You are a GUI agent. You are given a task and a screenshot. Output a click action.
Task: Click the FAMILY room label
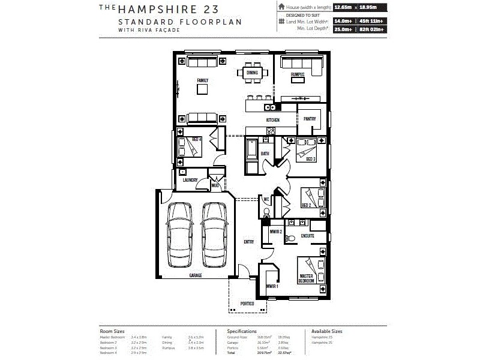(202, 79)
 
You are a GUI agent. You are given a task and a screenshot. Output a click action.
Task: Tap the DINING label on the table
(252, 73)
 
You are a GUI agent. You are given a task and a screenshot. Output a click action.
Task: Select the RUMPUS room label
(298, 74)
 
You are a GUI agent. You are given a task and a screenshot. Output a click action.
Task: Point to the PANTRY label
(310, 119)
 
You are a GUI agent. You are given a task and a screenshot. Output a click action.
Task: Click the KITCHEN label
(273, 120)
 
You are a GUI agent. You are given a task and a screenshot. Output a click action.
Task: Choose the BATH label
(265, 154)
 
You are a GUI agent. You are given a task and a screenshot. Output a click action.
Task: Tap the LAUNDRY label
(190, 179)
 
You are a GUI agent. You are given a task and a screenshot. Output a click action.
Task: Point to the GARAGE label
(196, 275)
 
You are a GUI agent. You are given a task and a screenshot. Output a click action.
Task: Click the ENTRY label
(248, 242)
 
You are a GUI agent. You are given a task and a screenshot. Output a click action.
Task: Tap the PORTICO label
(247, 304)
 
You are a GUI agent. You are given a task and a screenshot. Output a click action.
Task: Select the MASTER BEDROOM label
(307, 278)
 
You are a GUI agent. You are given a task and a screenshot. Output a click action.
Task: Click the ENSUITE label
(307, 236)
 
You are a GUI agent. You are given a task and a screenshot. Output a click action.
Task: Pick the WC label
(266, 200)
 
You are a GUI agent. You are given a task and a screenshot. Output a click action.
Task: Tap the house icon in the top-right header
(281, 7)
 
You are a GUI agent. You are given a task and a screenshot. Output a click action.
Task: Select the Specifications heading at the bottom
(242, 331)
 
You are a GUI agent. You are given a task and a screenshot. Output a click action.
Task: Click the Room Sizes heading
(112, 331)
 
